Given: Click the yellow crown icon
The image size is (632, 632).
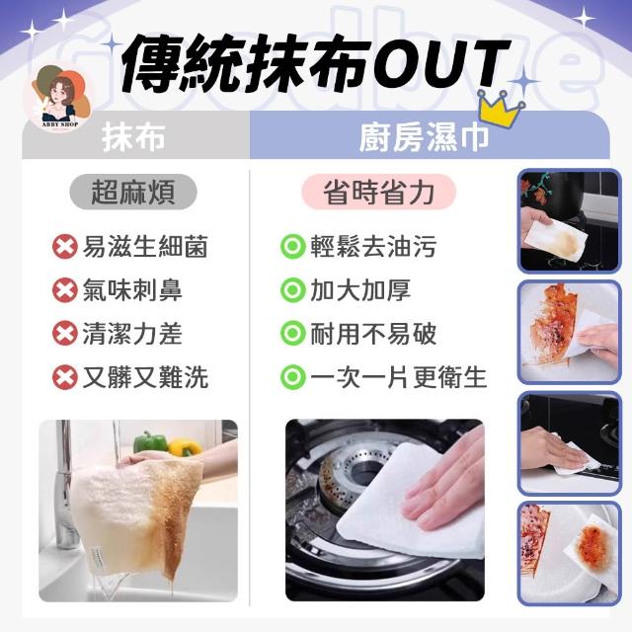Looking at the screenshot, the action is pos(502,108).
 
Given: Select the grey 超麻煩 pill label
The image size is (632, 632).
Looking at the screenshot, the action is pos(133,192).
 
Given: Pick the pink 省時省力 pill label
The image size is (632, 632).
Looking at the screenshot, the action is pos(378,192).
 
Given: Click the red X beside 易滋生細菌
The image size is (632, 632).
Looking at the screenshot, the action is pos(65,246).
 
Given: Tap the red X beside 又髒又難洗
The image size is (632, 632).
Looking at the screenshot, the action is pos(65,377).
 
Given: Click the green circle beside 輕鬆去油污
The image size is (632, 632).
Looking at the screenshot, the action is pos(293,246).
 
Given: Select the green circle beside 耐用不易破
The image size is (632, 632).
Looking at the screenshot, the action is pos(293,334).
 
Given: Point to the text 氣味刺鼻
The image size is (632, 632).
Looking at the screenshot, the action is pos(132,289).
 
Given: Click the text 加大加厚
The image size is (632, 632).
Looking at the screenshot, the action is pos(360,289).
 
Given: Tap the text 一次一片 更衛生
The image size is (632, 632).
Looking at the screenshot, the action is pos(399,377).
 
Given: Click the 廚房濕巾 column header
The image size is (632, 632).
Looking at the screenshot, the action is pos(424,137).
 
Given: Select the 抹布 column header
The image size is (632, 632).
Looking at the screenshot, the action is pos(133,137).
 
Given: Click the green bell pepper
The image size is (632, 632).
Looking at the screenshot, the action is pos(150,442).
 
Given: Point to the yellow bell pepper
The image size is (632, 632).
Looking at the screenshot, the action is pos(185,447).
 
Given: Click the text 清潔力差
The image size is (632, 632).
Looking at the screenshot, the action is pos(132,334).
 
